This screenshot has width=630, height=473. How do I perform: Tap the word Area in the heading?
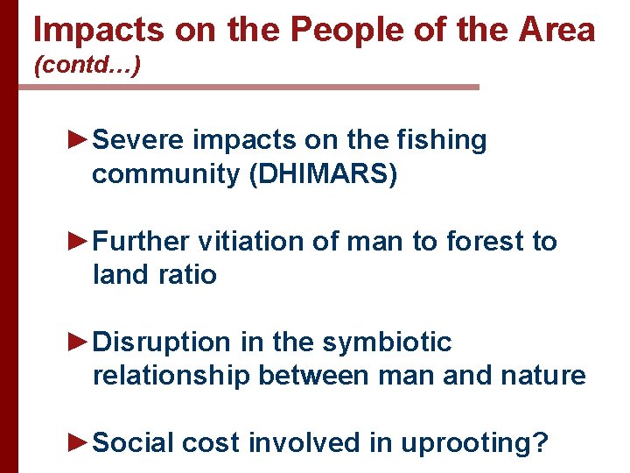556,30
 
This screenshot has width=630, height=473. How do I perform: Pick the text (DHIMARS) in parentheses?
323,174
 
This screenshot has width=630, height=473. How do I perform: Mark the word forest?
479,241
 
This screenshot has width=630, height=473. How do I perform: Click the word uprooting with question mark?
474,443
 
